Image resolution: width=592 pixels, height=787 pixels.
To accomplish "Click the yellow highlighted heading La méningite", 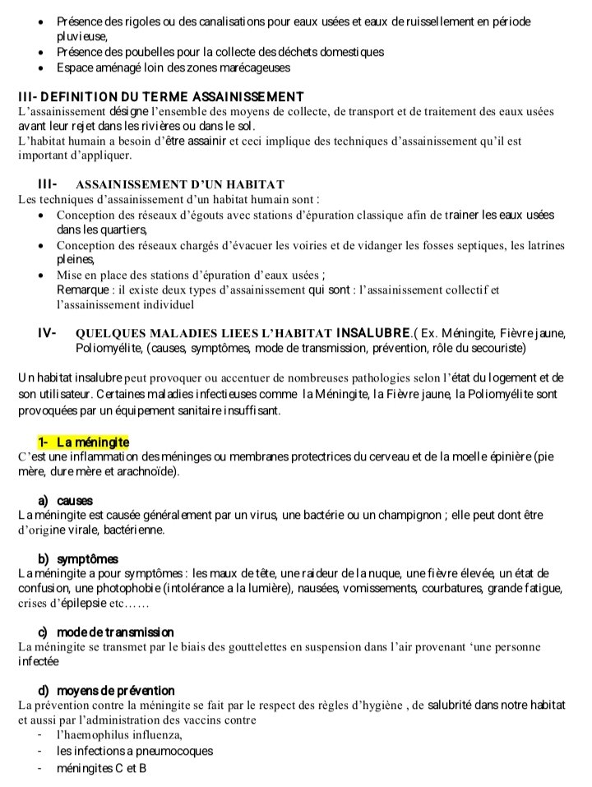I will click(82, 443).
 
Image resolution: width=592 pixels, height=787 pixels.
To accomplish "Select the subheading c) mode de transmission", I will click(106, 632).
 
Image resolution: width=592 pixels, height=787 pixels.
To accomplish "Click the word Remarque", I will click(86, 289).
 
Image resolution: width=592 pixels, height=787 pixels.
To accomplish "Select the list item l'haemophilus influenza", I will click(119, 734).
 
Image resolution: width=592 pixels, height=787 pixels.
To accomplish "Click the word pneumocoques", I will click(173, 751).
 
